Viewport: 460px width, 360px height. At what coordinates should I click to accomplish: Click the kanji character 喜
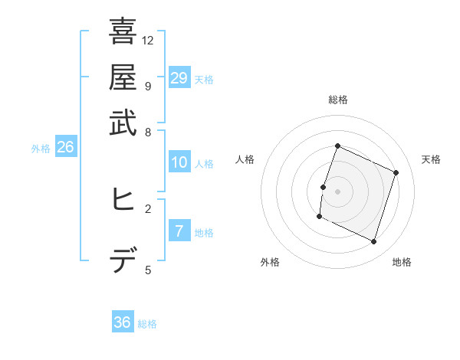123,32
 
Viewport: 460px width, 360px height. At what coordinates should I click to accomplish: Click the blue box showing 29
179,78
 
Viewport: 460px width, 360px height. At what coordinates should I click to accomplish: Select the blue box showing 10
179,162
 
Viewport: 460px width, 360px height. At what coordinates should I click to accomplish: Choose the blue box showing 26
65,148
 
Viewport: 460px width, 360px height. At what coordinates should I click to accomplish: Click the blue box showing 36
123,322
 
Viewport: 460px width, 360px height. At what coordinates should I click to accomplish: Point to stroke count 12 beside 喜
148,40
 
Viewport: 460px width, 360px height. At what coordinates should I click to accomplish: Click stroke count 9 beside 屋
148,85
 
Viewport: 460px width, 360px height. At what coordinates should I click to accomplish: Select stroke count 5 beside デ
148,270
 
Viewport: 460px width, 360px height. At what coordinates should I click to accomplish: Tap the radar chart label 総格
338,100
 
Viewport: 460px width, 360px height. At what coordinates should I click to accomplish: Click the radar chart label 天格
431,159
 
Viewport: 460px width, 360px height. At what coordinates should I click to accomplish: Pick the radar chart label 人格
245,159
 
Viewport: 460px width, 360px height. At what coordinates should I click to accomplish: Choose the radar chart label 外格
270,262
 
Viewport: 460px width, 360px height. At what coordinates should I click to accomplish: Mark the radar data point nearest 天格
396,172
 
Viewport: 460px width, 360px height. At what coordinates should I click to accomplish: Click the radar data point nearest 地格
373,242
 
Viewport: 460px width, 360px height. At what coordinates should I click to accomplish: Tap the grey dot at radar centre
337,191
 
